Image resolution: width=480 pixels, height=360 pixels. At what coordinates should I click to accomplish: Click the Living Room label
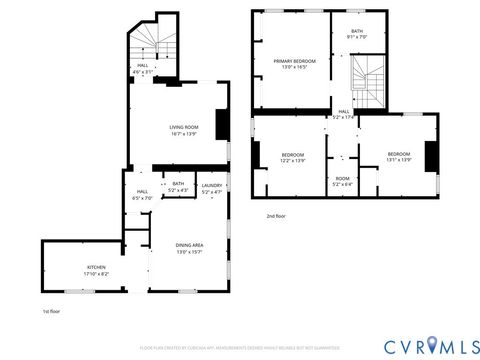point(183,130)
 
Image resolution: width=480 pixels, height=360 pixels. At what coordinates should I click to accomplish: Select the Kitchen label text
point(96,269)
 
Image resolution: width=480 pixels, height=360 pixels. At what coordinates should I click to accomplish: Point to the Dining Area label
point(190,248)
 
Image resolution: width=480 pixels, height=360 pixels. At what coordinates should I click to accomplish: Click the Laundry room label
point(211,187)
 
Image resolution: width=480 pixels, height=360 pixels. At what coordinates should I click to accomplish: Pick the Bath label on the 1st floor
point(178,186)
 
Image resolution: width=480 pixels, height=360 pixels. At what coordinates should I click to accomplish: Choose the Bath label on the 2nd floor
point(357,34)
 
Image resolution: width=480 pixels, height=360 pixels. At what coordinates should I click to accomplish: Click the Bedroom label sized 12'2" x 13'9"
point(292,157)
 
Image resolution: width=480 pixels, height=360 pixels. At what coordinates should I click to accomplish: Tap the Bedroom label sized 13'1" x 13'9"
point(398,156)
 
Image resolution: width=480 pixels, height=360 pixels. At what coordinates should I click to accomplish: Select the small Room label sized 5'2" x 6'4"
point(342,181)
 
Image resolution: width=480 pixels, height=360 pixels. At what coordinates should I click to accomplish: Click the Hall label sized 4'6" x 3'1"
point(142,69)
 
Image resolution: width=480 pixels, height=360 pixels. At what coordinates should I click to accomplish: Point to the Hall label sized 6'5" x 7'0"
point(142,194)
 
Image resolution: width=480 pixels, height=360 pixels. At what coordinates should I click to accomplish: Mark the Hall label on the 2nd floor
point(343,114)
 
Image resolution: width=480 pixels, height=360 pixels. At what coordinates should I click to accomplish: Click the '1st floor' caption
point(52,313)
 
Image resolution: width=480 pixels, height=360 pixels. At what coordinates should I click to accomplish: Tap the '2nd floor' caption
point(275,216)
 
